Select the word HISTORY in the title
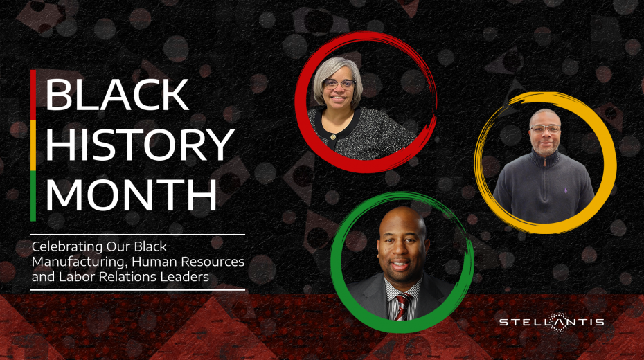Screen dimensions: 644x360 (140, 145)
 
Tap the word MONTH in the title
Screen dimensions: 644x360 (132, 195)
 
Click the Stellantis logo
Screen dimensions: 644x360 (552, 322)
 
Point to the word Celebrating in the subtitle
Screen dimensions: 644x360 (67, 247)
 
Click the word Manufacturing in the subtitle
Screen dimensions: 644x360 (80, 262)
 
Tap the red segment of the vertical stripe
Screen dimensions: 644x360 (33, 95)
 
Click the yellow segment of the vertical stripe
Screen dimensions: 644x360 (33, 145)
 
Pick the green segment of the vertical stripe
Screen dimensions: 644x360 (33, 196)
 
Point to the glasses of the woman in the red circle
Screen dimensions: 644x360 (339, 84)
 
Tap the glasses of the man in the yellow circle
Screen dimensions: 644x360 (545, 129)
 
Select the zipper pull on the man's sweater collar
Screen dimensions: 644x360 (544, 163)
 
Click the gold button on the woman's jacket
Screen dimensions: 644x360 (333, 136)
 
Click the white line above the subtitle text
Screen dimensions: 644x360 (138, 235)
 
